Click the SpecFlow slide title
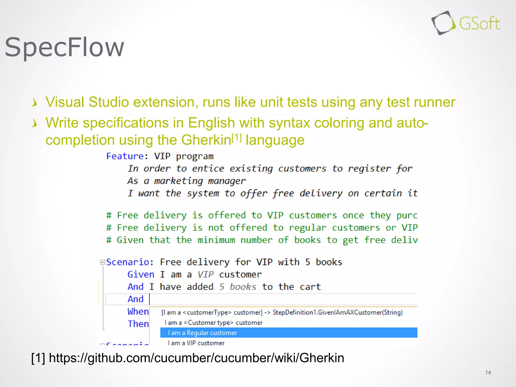point(64,47)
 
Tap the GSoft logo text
point(479,24)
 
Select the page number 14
point(488,372)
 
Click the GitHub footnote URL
point(196,358)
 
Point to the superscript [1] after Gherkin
point(237,138)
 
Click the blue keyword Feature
point(125,156)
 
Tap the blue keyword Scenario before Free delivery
point(127,262)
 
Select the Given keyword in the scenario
point(141,274)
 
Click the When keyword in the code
point(138,311)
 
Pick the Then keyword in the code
point(138,324)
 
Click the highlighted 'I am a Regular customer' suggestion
point(202,333)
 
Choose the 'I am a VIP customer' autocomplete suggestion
point(196,343)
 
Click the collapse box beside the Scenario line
point(102,262)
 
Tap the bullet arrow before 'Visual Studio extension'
point(35,103)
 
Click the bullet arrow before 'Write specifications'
point(35,123)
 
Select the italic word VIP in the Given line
point(205,274)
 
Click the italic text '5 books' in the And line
point(237,287)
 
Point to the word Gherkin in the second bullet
point(206,140)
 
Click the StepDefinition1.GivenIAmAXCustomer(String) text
point(338,312)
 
